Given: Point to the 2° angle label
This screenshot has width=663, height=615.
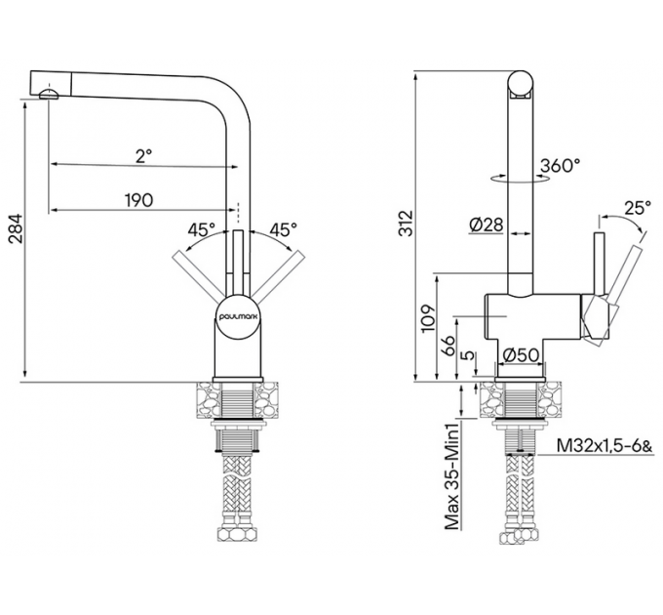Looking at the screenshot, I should click(143, 155).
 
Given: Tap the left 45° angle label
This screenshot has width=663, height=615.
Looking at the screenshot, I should click(201, 230).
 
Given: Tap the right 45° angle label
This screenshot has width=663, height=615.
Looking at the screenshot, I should click(283, 230).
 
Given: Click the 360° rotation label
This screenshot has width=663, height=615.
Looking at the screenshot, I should click(559, 166).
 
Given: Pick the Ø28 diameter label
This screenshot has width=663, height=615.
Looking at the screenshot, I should click(485, 225).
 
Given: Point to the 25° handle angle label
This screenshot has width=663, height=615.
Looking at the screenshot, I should click(637, 208).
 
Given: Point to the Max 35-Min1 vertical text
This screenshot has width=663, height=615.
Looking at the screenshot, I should click(451, 475).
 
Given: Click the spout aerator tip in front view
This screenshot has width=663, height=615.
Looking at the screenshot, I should click(50, 93).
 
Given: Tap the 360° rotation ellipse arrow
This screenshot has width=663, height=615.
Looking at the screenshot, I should click(516, 179).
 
